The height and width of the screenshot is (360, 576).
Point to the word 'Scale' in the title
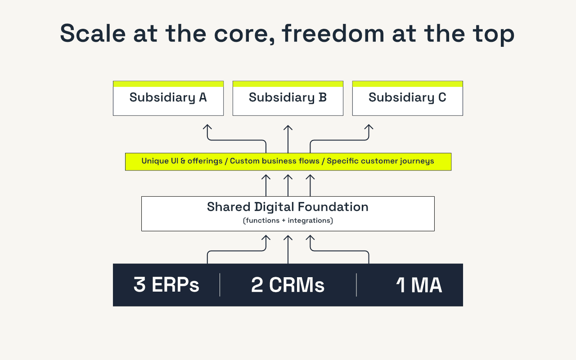click(x=86, y=33)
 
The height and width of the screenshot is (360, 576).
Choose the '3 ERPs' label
click(x=166, y=285)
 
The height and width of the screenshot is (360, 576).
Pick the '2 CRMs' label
click(x=288, y=285)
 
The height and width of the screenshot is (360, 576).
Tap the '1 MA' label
click(x=419, y=285)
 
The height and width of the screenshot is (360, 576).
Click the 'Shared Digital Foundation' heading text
click(x=288, y=207)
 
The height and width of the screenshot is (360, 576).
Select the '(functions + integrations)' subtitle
click(x=288, y=221)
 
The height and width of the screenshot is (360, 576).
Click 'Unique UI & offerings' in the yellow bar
click(x=182, y=161)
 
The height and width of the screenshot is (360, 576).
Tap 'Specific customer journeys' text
click(x=380, y=161)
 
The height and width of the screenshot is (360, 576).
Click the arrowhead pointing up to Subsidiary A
click(x=207, y=128)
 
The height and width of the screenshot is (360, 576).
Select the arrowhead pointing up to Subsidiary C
click(x=369, y=128)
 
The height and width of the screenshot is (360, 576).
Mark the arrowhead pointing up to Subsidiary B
click(x=288, y=128)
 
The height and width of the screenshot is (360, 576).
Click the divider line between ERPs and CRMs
click(x=220, y=285)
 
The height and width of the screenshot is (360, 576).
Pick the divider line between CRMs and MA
click(x=356, y=285)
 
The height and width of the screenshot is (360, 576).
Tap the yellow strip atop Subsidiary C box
click(x=407, y=84)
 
